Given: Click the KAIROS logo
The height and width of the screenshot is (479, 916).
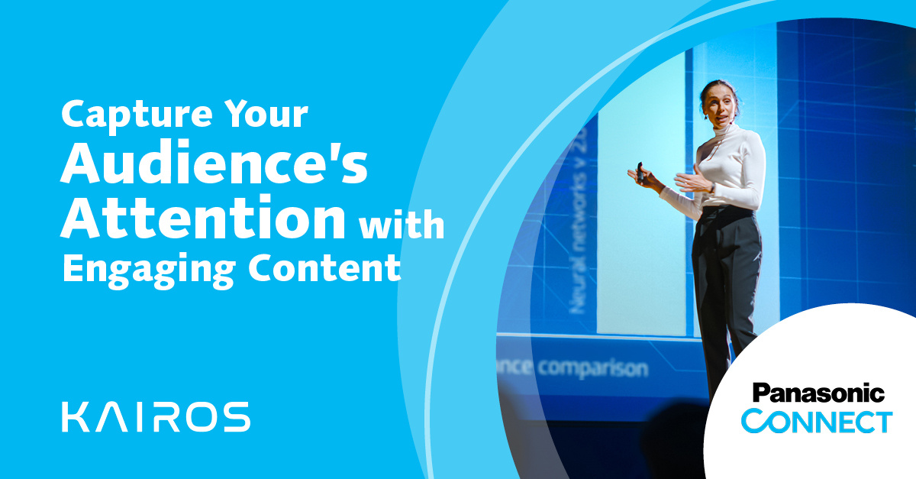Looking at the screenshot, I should point(156,416).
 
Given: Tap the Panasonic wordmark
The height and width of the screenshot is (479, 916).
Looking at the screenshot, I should point(818,394).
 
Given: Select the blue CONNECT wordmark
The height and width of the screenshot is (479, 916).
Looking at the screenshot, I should point(817,421).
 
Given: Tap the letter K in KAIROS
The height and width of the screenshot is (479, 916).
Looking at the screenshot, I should point(75,416).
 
